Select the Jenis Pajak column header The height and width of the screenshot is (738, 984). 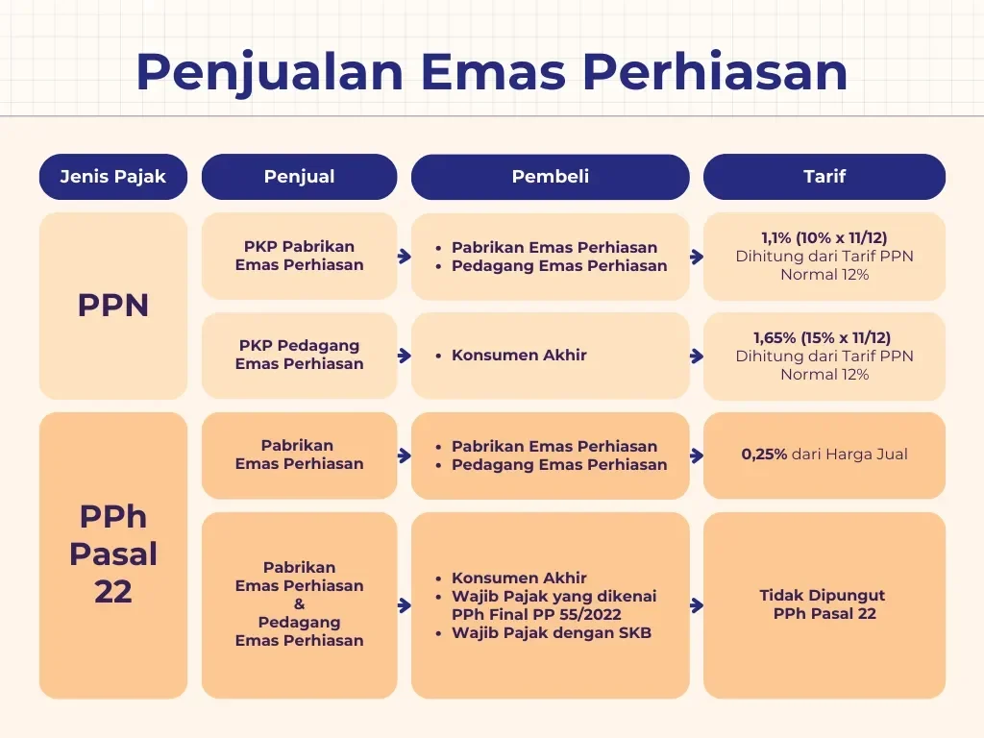pyautogui.click(x=112, y=177)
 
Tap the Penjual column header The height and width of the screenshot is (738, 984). pyautogui.click(x=299, y=177)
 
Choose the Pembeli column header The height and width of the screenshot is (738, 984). pyautogui.click(x=550, y=177)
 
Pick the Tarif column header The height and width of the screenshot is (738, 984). pyautogui.click(x=824, y=177)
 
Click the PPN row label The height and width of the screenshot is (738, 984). pyautogui.click(x=112, y=306)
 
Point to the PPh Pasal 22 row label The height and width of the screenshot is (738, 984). pyautogui.click(x=112, y=554)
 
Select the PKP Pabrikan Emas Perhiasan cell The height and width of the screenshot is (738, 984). pyautogui.click(x=299, y=256)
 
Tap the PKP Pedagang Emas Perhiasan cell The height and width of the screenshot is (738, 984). pyautogui.click(x=299, y=355)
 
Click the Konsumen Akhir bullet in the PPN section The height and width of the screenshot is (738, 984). pyautogui.click(x=519, y=356)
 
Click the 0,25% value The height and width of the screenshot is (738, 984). pyautogui.click(x=764, y=455)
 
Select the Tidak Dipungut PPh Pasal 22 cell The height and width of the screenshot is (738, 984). pyautogui.click(x=824, y=604)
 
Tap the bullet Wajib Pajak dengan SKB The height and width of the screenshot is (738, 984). pyautogui.click(x=551, y=633)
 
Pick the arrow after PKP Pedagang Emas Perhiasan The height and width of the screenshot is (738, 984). pyautogui.click(x=404, y=356)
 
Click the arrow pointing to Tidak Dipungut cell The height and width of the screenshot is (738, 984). pyautogui.click(x=696, y=605)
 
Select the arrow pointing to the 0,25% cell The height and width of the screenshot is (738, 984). pyautogui.click(x=696, y=455)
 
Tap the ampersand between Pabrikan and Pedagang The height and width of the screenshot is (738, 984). pyautogui.click(x=299, y=604)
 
